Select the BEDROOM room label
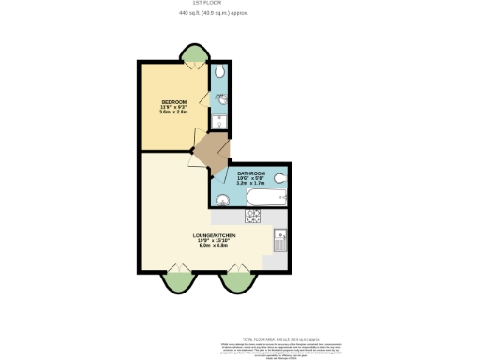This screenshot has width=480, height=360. [x=173, y=101]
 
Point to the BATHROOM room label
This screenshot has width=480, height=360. [x=251, y=173]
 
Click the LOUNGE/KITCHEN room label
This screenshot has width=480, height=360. [x=213, y=234]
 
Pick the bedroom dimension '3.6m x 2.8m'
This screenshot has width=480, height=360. [x=173, y=112]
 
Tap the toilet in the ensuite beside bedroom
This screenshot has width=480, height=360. [x=217, y=71]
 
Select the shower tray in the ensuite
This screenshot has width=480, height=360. [x=217, y=121]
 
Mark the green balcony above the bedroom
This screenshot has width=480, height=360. [x=195, y=55]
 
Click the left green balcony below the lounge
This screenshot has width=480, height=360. [x=175, y=280]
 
